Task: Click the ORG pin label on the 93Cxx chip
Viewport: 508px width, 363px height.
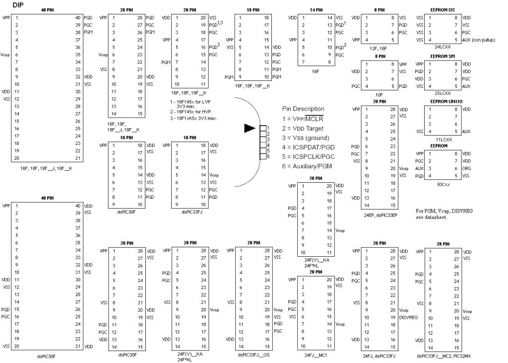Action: tap(466, 168)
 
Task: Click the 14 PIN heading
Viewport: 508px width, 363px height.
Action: tap(316, 10)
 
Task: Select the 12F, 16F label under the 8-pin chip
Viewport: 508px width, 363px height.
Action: tap(379, 48)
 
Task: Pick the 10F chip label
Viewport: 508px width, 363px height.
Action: tap(379, 94)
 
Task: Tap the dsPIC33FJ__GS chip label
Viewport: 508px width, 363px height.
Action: tap(254, 355)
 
